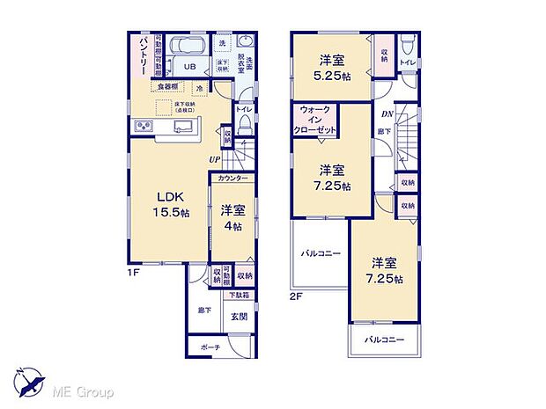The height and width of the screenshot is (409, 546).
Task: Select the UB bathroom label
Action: click(x=189, y=66)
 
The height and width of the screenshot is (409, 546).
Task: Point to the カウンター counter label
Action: click(x=232, y=179)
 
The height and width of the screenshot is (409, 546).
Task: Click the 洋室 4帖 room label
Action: click(x=232, y=216)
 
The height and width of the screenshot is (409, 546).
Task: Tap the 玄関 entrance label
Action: click(x=239, y=317)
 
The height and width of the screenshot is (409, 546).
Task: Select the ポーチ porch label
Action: click(x=210, y=347)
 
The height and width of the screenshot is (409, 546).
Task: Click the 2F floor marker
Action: click(x=297, y=296)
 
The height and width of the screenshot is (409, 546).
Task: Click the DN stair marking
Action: click(x=387, y=114)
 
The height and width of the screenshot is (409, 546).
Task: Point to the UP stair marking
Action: click(x=214, y=158)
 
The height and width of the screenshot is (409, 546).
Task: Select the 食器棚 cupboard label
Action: click(x=169, y=86)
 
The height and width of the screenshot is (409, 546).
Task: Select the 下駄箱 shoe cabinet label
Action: click(x=240, y=296)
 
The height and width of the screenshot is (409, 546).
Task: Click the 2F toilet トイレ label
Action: click(x=407, y=63)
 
